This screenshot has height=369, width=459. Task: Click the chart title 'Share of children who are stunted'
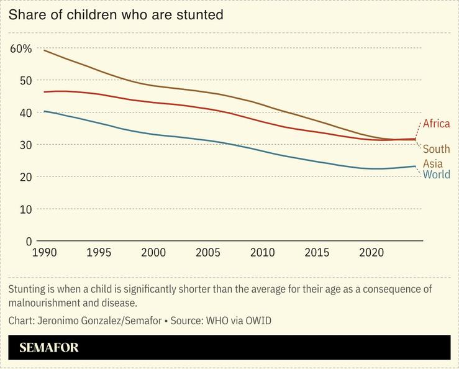point(116,14)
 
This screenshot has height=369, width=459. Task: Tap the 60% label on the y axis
point(20,48)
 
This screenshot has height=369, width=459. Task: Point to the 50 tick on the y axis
point(24,80)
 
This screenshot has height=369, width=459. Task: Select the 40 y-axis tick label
point(24,112)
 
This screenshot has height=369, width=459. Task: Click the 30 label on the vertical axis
point(24,145)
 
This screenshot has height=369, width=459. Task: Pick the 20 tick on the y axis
point(24,177)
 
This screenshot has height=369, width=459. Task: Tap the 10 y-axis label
point(24,209)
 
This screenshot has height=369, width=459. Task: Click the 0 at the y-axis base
point(29,241)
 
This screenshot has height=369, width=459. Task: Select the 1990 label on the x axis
point(44,253)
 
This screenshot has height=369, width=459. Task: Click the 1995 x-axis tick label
point(99,253)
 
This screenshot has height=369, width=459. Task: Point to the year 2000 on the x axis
point(153,253)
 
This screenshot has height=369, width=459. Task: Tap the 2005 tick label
point(208,253)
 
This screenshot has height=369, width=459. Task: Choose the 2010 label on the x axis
point(263,253)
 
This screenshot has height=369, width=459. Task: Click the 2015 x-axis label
point(317,253)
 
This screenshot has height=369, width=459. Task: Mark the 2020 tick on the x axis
point(372,253)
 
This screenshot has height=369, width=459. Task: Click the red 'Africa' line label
point(436,124)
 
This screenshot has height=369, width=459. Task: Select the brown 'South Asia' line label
point(436,156)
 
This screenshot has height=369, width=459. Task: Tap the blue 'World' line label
point(436,175)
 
